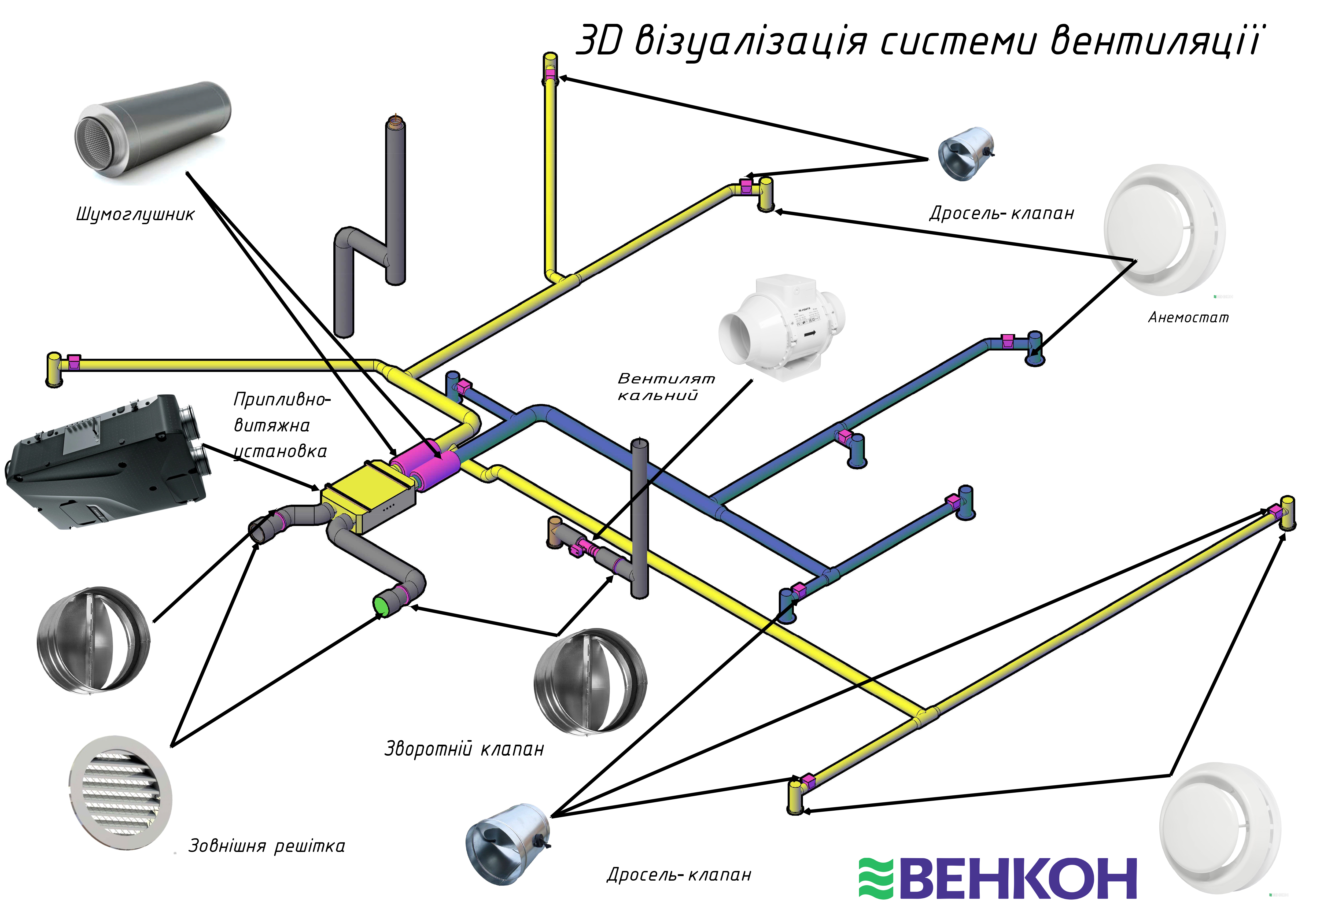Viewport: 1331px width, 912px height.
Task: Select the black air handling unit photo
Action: pyautogui.click(x=106, y=461)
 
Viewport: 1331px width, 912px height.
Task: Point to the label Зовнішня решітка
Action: pyautogui.click(x=267, y=846)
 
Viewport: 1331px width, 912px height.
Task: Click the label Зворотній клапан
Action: pyautogui.click(x=464, y=749)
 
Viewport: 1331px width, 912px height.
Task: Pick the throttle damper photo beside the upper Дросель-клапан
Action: pyautogui.click(x=966, y=153)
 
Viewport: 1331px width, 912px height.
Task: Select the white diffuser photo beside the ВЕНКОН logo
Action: pyautogui.click(x=1220, y=827)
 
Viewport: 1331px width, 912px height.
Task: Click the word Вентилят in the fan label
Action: pyautogui.click(x=666, y=378)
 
